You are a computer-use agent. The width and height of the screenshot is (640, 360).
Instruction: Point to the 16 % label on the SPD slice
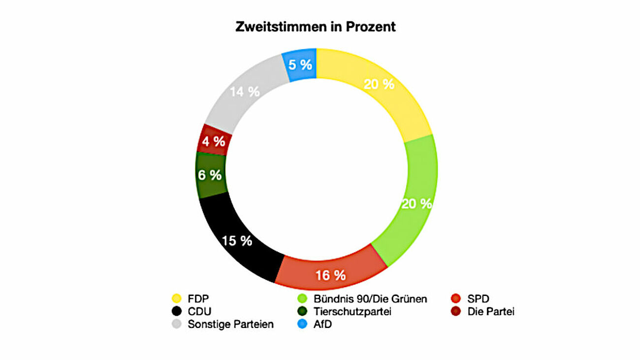coord(330,275)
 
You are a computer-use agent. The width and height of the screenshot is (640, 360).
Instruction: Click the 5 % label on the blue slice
coord(300,65)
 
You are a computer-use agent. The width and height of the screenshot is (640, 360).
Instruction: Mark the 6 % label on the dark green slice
coord(210,175)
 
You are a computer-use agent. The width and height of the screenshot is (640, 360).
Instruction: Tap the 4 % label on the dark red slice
coord(214,141)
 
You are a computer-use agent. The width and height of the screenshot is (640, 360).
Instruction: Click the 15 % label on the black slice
coord(237,241)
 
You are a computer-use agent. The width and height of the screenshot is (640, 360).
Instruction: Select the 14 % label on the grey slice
coord(245,92)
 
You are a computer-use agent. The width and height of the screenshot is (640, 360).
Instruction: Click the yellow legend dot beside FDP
coord(176,298)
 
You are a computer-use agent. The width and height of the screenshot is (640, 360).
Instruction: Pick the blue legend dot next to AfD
coord(302,325)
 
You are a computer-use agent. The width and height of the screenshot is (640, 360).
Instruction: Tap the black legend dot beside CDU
coord(176,312)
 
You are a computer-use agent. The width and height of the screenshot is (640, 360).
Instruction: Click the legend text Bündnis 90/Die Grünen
coord(370,298)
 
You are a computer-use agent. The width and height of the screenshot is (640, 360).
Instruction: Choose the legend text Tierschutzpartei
coord(352,312)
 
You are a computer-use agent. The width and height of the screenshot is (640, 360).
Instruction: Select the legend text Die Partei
coord(491,312)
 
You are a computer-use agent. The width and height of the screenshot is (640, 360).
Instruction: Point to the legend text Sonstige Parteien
coord(230,325)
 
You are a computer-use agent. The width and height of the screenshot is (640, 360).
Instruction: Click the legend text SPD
coord(478,298)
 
